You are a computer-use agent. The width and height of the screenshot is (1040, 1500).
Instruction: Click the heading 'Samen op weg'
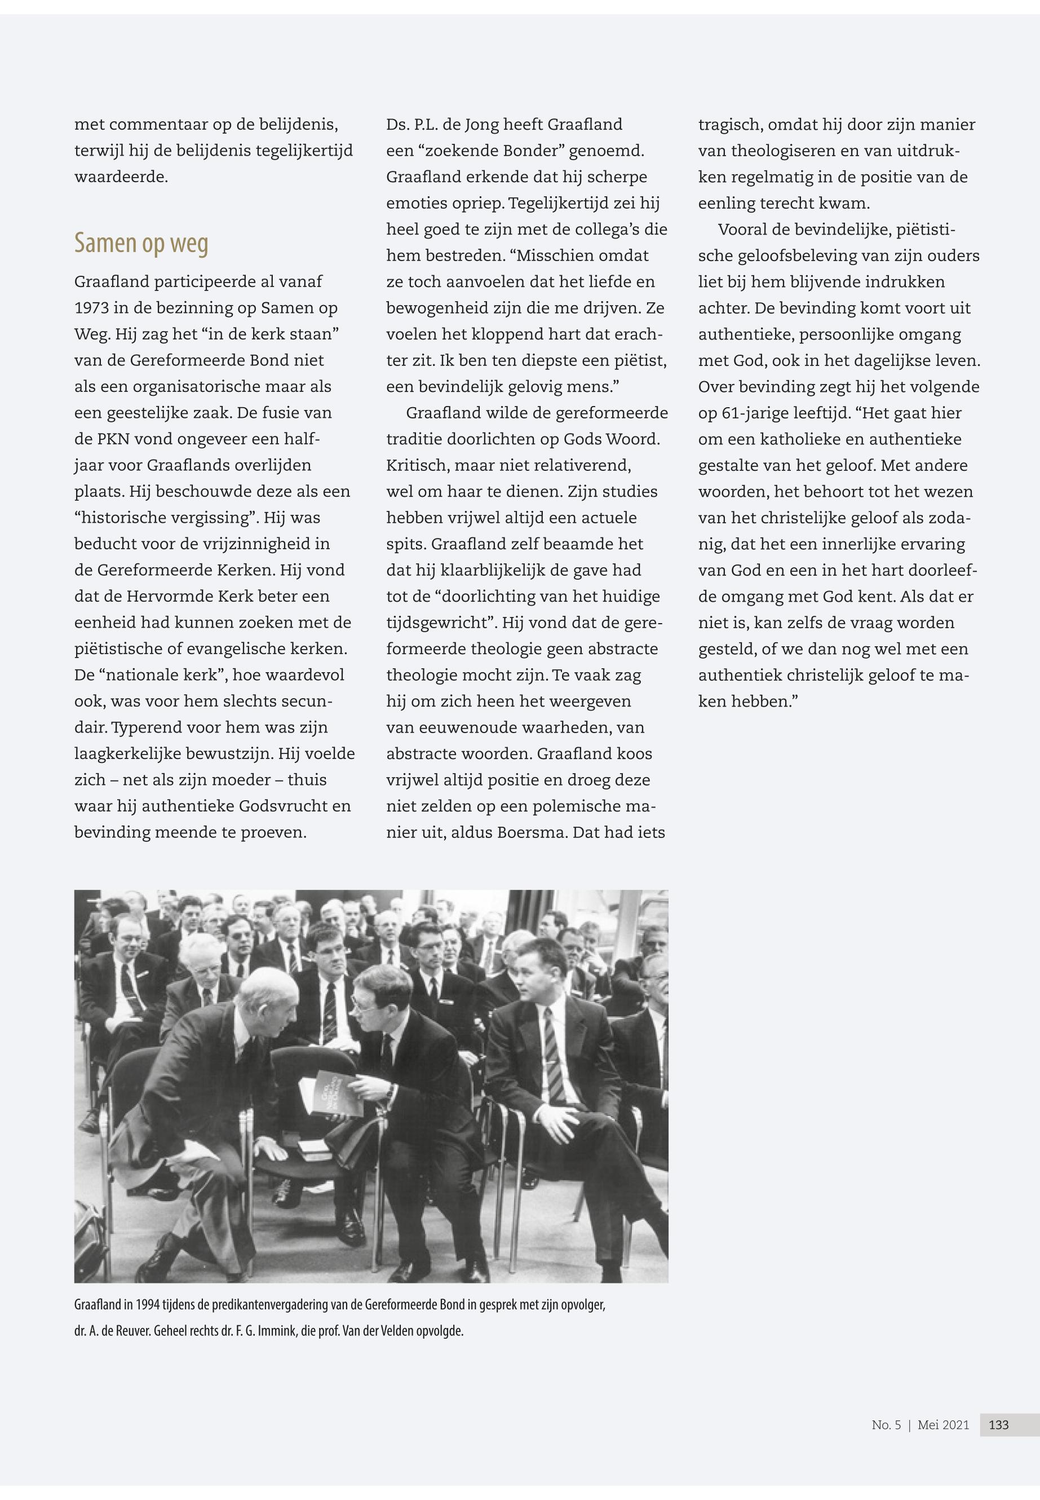coord(141,242)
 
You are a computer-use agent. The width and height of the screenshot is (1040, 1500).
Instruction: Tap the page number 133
coord(998,1424)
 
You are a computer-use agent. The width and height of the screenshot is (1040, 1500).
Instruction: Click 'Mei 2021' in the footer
coord(943,1424)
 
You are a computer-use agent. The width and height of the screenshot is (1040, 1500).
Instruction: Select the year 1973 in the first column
coord(94,308)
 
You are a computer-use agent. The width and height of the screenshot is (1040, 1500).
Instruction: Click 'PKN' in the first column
coord(114,439)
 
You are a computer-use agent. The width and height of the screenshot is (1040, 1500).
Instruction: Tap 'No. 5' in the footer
coord(886,1424)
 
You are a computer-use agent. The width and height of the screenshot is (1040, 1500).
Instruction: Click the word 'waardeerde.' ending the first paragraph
coord(121,177)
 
